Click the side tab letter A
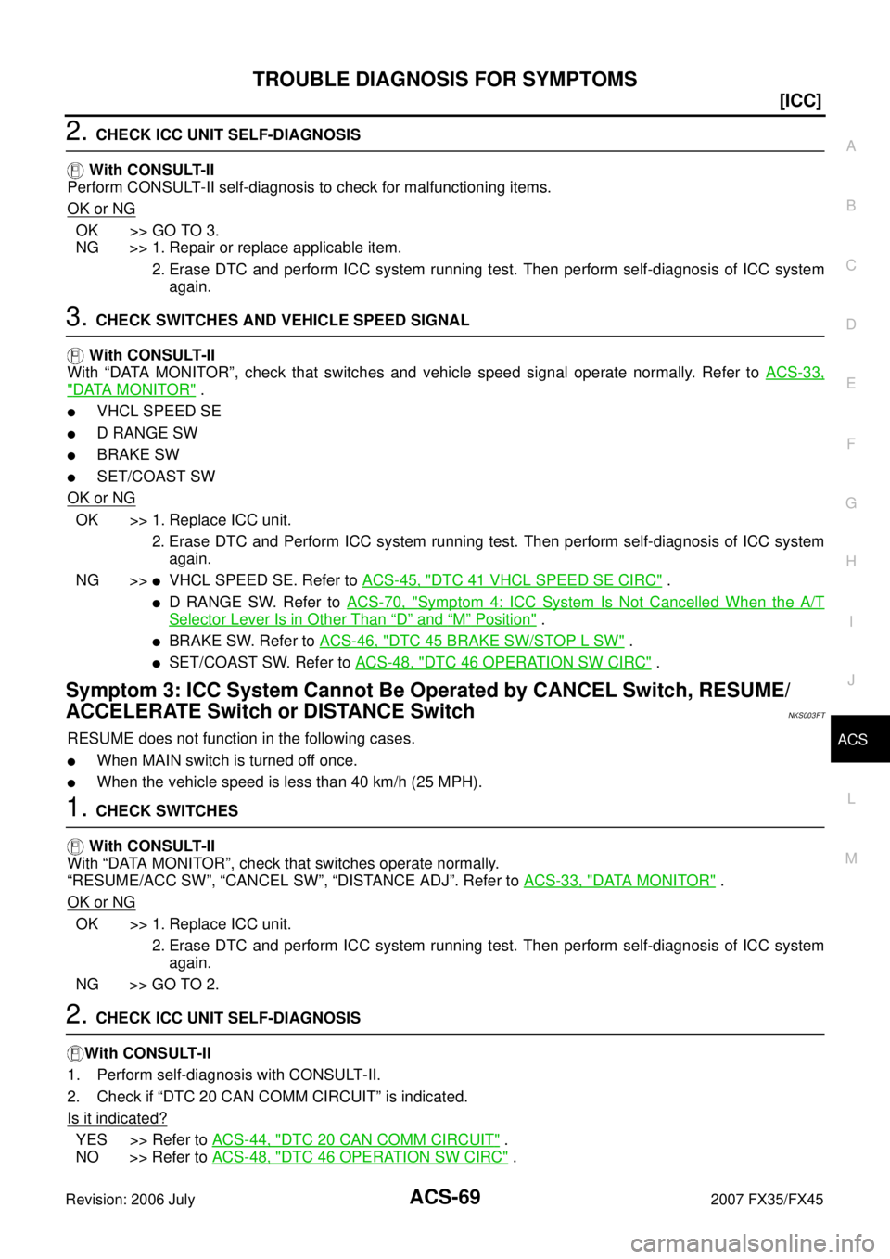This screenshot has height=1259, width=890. click(x=851, y=146)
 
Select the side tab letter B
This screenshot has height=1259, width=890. click(x=851, y=206)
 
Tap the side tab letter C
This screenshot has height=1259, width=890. click(x=851, y=265)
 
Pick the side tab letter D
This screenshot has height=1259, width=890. click(x=851, y=324)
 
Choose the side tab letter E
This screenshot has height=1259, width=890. click(x=851, y=384)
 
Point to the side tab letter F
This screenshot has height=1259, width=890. click(x=851, y=443)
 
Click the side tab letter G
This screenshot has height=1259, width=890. click(x=851, y=502)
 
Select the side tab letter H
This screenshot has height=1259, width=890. click(x=851, y=562)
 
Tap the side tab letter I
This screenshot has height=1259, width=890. click(x=851, y=621)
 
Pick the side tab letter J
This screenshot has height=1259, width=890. click(x=851, y=680)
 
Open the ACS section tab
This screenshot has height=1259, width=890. click(x=852, y=740)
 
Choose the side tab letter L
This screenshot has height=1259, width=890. click(x=851, y=799)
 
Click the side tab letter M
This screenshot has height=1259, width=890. click(x=851, y=858)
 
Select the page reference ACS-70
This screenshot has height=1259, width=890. click(x=375, y=601)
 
